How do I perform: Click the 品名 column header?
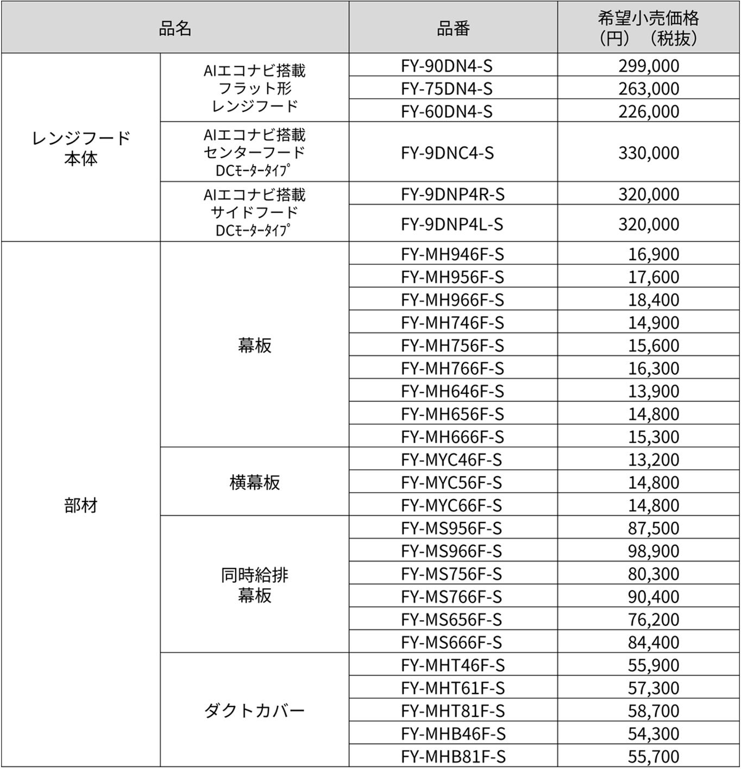tap(175, 28)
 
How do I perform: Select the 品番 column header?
tap(453, 28)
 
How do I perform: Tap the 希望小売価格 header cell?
tap(648, 28)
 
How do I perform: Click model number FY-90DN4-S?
tap(447, 66)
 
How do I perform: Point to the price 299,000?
tap(649, 66)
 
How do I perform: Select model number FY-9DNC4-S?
tap(447, 153)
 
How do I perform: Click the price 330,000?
tap(649, 153)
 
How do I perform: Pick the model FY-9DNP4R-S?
tap(453, 194)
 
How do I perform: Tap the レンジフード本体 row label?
tap(81, 148)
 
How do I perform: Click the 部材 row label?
tap(81, 506)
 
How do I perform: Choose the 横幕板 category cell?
tap(254, 482)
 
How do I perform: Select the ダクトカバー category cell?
tap(254, 710)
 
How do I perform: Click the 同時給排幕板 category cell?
tap(254, 585)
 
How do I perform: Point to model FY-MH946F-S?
tap(453, 254)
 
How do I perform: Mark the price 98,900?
tap(654, 551)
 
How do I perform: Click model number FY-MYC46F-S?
tap(451, 459)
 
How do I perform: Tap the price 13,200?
tap(654, 459)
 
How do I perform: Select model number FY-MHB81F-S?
tap(453, 756)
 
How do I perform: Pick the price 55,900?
tap(654, 665)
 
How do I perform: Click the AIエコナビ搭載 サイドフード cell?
tap(254, 212)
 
